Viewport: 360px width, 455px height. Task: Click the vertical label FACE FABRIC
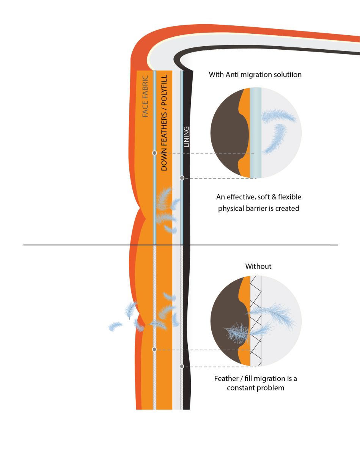click(145, 97)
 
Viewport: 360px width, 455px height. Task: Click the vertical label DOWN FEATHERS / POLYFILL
click(164, 125)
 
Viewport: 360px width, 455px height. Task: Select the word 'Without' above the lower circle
click(258, 266)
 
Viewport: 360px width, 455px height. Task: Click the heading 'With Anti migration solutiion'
click(255, 74)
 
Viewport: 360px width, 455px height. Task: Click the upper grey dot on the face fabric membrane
click(154, 153)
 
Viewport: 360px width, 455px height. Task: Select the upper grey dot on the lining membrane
click(182, 177)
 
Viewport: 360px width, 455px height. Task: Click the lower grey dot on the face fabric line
click(154, 349)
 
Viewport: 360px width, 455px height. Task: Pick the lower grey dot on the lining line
click(182, 366)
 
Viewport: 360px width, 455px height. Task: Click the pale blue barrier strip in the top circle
click(256, 133)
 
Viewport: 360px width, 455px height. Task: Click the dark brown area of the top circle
click(226, 133)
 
